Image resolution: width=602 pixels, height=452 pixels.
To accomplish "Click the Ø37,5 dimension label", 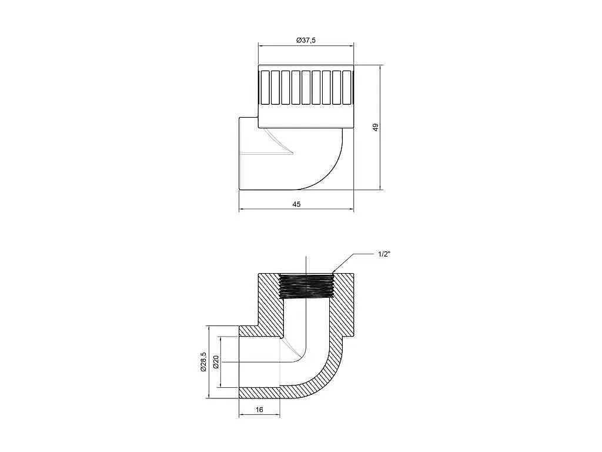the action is pos(306,40).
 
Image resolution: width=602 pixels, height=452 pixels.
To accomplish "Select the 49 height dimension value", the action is pos(376,127).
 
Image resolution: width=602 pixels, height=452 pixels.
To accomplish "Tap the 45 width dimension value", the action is pos(296,204).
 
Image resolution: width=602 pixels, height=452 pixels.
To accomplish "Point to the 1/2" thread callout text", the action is pos(384,254).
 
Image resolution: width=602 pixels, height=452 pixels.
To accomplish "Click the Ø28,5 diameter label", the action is pos(203,362).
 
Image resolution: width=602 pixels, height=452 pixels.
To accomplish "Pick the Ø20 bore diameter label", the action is pos(216,362).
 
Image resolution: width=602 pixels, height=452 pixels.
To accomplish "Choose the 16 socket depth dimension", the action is pos(259,410).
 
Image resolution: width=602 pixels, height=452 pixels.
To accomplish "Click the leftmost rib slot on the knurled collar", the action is pos(265,87).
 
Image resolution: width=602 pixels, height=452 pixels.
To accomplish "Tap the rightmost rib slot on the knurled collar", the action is pos(347,87).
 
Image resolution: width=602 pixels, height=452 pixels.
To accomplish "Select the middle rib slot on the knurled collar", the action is pos(306,87).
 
